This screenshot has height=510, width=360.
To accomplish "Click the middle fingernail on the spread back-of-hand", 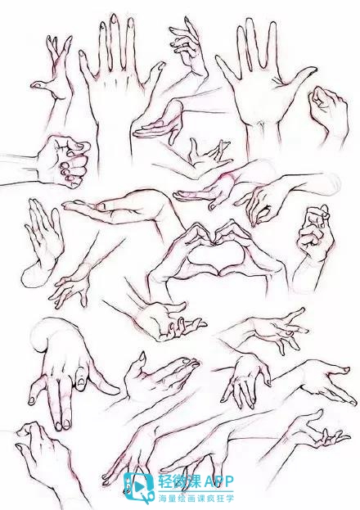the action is coord(114,19).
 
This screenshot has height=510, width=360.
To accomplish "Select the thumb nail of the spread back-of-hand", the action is coord(160,65).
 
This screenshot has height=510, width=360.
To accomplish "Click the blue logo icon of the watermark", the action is coord(139,487).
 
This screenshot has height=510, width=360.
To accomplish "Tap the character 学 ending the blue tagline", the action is coord(230,498).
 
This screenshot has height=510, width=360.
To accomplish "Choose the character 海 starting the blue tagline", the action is coord(162,498).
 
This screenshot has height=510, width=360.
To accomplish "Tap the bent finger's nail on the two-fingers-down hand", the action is coord(81,380).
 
